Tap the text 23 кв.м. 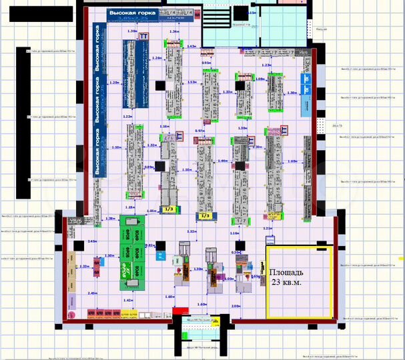tap(286, 282)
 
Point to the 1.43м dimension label tap(192, 47)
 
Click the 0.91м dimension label tap(206, 63)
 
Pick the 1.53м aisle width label tap(192, 82)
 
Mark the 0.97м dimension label tap(199, 131)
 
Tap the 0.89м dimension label tap(149, 167)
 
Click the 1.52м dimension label tap(192, 231)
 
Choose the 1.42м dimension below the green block tap(128, 301)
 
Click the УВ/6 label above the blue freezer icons tap(304, 52)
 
